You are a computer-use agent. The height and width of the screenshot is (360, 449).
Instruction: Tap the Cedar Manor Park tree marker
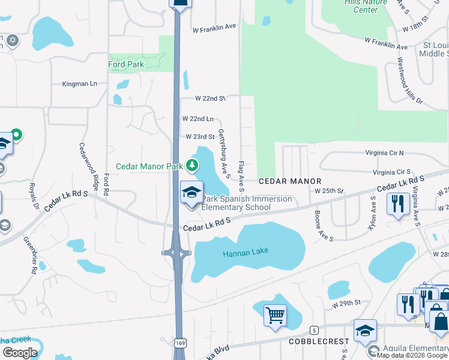(x=192, y=165)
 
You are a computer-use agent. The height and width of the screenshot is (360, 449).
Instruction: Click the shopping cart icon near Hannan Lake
(x=275, y=314)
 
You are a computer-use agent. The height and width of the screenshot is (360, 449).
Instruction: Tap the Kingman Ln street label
(x=79, y=84)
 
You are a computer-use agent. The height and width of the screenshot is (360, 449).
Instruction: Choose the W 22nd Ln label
(x=196, y=119)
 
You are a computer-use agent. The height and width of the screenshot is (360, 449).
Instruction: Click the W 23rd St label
(x=200, y=137)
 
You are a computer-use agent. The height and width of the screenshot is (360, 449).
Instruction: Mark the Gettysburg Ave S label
(x=224, y=154)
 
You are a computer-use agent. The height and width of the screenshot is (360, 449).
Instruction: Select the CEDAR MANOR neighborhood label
(x=290, y=181)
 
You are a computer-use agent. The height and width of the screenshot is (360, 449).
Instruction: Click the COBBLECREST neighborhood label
(x=318, y=341)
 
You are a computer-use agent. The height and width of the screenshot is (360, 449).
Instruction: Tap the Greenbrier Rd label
(x=31, y=254)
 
